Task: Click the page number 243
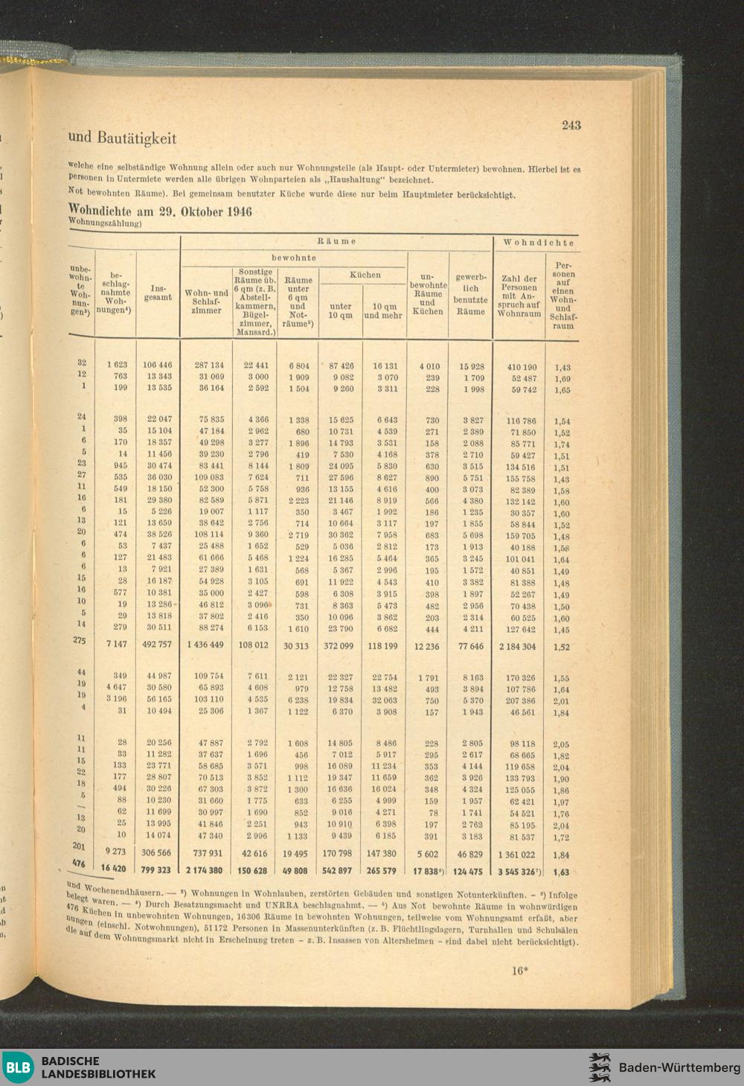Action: pyautogui.click(x=571, y=125)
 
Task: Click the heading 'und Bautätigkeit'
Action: pyautogui.click(x=122, y=138)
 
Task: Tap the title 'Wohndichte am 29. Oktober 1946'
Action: pyautogui.click(x=160, y=211)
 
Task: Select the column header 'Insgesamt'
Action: pyautogui.click(x=158, y=293)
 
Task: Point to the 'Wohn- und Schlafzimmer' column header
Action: pyautogui.click(x=206, y=301)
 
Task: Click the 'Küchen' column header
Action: pyautogui.click(x=365, y=275)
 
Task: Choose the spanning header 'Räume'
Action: pyautogui.click(x=336, y=241)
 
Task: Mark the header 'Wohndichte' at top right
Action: pyautogui.click(x=539, y=243)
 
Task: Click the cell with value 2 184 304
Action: pyautogui.click(x=517, y=647)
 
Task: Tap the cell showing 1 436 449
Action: pyautogui.click(x=205, y=645)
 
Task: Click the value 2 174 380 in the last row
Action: pyautogui.click(x=204, y=870)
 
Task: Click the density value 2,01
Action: pyautogui.click(x=561, y=701)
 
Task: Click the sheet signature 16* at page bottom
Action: pyautogui.click(x=519, y=970)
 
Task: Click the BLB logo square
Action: pyautogui.click(x=18, y=1067)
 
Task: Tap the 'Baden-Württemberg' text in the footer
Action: pyautogui.click(x=679, y=1067)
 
